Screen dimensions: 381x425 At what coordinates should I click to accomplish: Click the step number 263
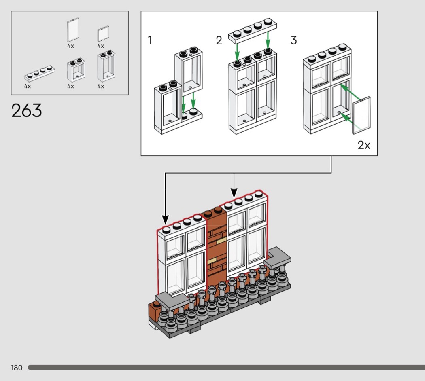(x=27, y=111)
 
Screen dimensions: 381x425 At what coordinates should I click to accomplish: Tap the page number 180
(x=17, y=368)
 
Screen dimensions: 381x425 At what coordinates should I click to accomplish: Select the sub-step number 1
(x=150, y=40)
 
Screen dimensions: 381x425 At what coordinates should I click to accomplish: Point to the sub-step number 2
(x=219, y=40)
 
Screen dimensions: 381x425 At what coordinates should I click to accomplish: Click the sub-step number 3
(x=293, y=40)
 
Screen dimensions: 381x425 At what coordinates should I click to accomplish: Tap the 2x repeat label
(x=363, y=145)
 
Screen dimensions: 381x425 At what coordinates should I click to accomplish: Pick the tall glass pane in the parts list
(x=72, y=30)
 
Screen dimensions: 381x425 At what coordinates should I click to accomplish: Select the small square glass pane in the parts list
(x=103, y=34)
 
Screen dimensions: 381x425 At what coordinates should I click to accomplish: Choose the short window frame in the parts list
(x=76, y=70)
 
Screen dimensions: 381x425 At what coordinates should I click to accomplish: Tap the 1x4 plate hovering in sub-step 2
(x=249, y=32)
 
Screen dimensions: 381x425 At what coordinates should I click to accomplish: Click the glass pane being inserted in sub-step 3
(x=361, y=115)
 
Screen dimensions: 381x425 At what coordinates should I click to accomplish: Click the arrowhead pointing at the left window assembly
(x=165, y=220)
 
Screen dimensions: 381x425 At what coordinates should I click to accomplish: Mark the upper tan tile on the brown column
(x=221, y=241)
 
